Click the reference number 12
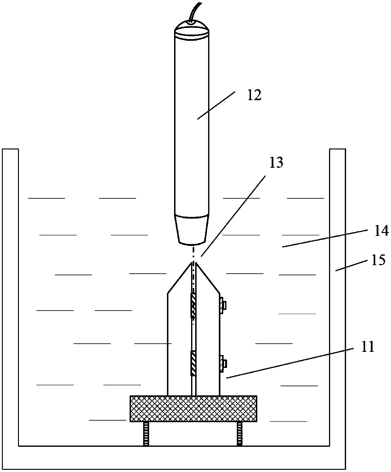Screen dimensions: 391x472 tap(254, 95)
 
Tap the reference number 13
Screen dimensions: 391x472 tap(276, 163)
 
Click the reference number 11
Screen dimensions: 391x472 tap(367, 347)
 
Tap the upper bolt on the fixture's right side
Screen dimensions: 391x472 tap(223, 305)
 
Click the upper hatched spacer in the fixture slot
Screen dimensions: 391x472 tap(193, 305)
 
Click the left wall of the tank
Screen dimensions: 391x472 tap(10, 284)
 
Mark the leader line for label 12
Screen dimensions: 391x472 tap(216, 105)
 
